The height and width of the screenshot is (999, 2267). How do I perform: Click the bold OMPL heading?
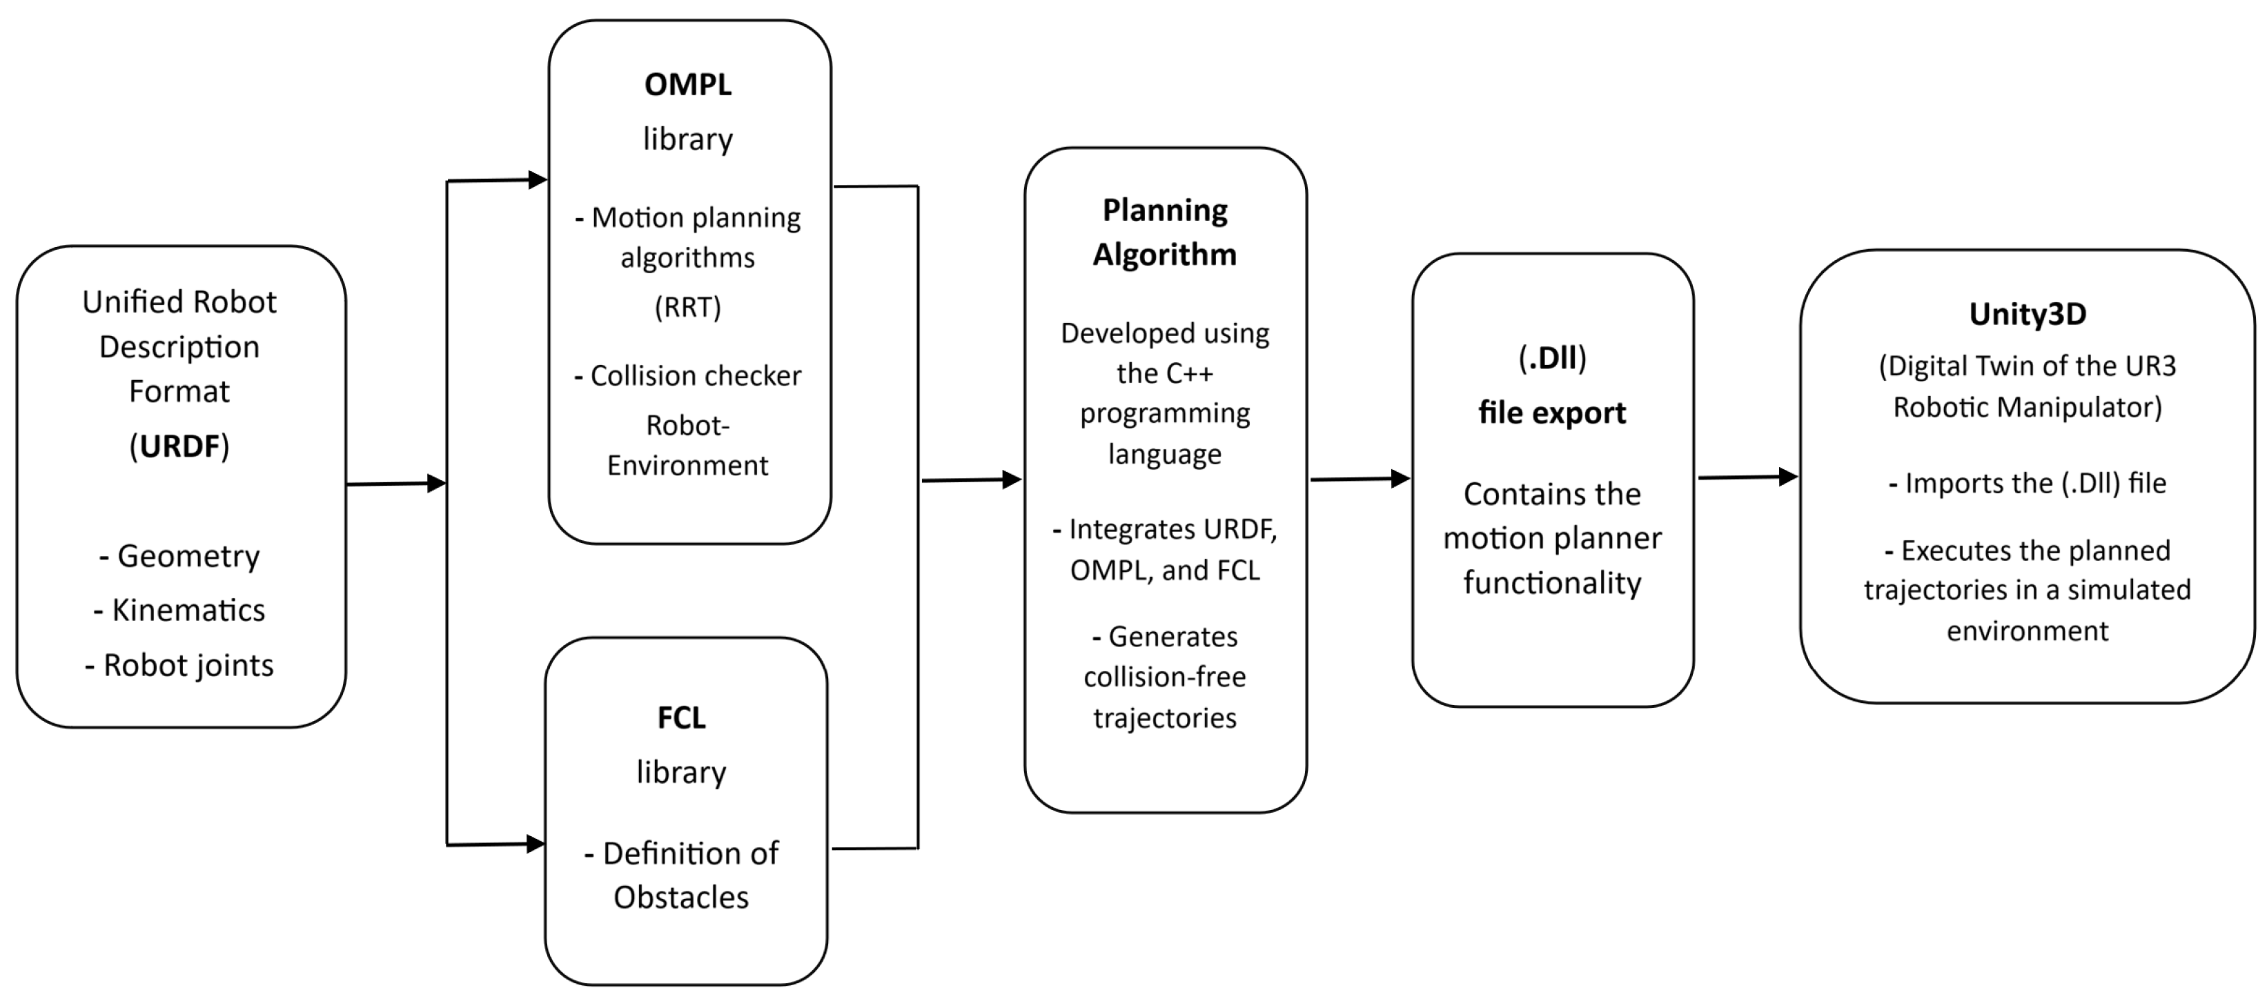(687, 84)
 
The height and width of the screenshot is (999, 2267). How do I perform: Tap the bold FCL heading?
(681, 718)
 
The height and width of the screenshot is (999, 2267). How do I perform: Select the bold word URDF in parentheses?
(179, 446)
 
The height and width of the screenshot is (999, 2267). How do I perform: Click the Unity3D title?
(2027, 314)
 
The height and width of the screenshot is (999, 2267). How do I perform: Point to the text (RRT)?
(687, 307)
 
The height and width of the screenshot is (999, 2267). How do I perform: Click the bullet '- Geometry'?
(179, 556)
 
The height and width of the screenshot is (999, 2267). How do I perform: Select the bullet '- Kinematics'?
(179, 610)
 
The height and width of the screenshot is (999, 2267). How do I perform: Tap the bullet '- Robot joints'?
(179, 665)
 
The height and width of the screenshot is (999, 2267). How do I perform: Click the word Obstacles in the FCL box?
(681, 897)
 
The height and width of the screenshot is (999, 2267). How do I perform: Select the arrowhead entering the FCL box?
(535, 843)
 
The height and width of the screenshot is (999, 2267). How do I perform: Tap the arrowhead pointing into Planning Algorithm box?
(1012, 479)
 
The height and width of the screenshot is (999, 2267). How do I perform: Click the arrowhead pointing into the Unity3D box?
(1787, 476)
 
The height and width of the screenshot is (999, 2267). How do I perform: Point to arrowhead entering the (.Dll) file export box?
(1400, 478)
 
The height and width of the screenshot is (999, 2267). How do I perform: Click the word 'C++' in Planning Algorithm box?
(1189, 374)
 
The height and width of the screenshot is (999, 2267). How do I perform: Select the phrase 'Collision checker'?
(695, 376)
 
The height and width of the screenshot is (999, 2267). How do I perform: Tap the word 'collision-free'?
(1164, 677)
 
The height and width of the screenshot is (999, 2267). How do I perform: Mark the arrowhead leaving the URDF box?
(435, 482)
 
